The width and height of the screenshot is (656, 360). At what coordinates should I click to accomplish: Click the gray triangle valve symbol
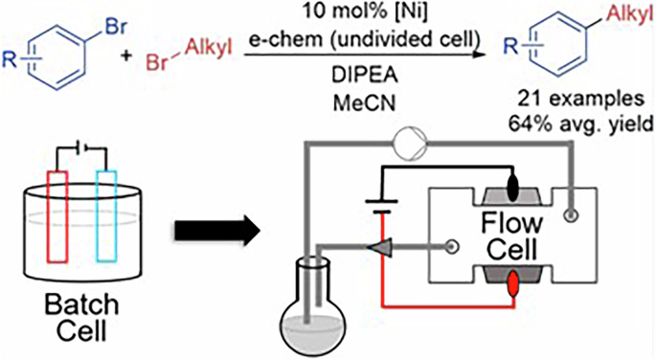coord(388,247)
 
